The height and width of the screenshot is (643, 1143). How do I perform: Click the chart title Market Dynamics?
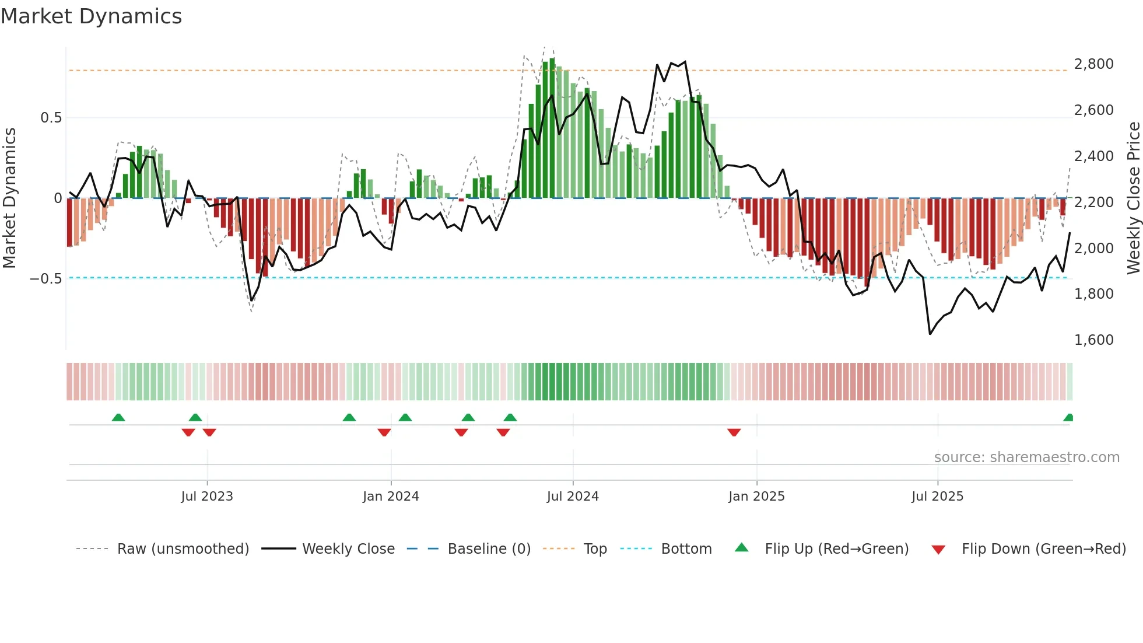[x=91, y=16]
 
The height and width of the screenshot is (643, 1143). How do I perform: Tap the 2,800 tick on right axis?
[x=1093, y=64]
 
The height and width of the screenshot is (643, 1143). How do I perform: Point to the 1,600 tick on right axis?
[x=1093, y=340]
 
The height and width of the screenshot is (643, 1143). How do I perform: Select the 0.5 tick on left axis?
[x=51, y=118]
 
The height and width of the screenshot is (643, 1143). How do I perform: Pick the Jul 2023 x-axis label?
[x=207, y=497]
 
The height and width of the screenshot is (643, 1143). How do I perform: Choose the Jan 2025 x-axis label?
[x=756, y=497]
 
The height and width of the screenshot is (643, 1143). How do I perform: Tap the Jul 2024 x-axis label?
[x=573, y=497]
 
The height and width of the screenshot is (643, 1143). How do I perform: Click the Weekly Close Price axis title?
[x=1133, y=198]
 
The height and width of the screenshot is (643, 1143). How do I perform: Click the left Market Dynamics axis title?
[x=9, y=198]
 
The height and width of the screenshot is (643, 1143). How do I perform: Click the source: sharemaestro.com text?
[x=1026, y=457]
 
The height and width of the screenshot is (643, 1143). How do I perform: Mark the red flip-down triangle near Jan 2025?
[x=734, y=432]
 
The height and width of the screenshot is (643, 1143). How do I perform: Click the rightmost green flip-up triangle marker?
[x=1069, y=418]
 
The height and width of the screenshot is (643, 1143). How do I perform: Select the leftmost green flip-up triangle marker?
[x=118, y=418]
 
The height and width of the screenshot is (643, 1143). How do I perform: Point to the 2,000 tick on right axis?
[x=1093, y=249]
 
